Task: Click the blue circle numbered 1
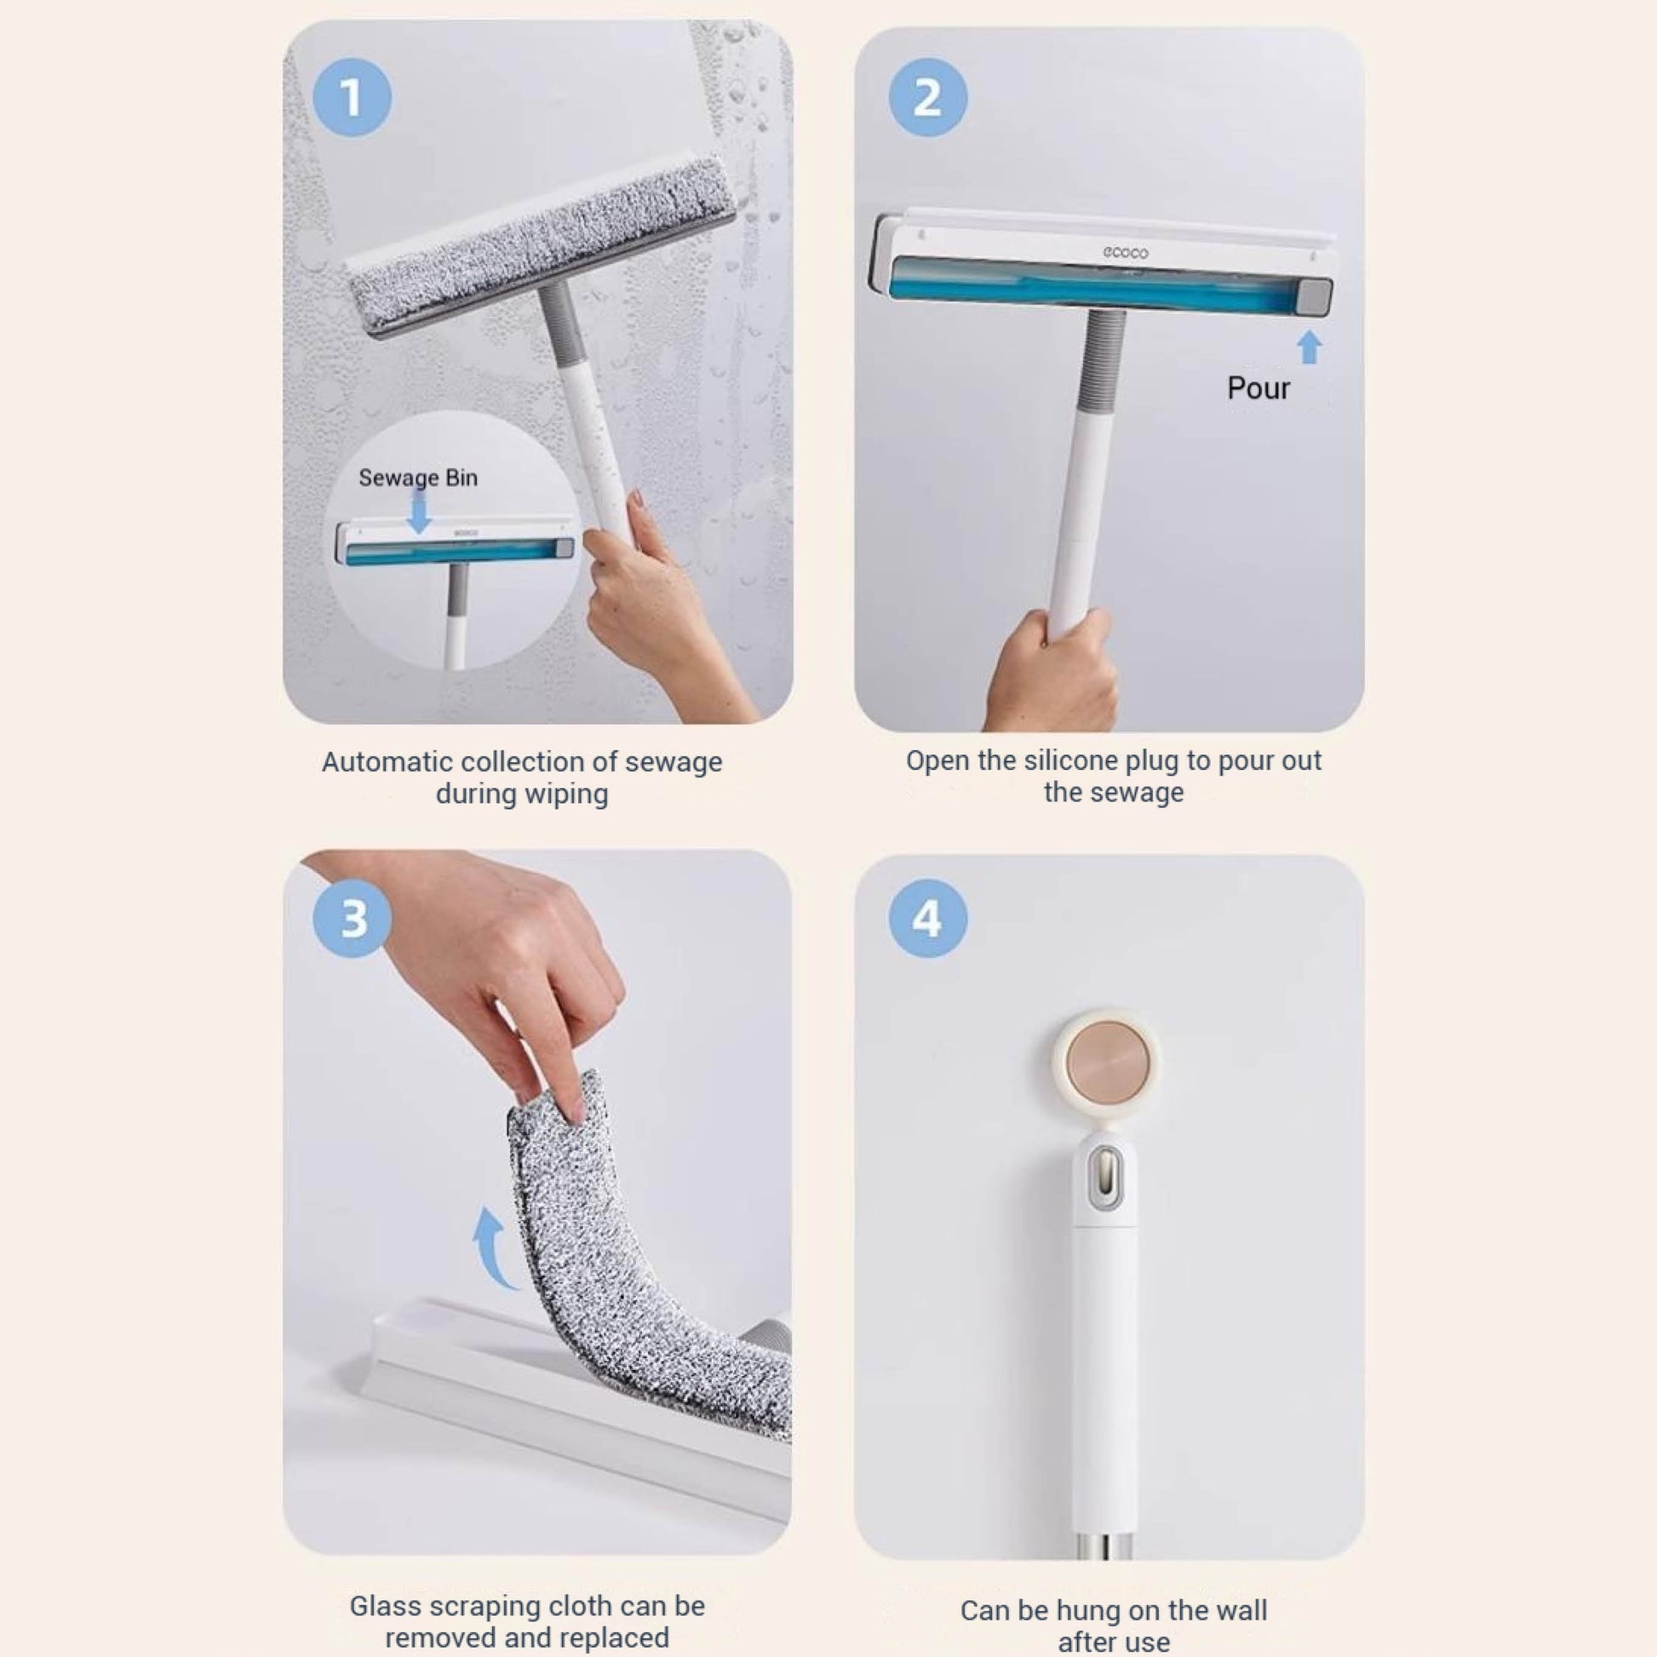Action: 353,97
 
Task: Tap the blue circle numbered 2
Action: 927,97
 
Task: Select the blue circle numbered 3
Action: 353,919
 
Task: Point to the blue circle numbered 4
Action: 927,919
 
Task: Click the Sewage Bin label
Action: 418,478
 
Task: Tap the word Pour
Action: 1259,387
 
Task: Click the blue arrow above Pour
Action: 1309,348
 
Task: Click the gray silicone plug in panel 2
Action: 1314,297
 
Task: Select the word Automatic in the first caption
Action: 387,761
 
